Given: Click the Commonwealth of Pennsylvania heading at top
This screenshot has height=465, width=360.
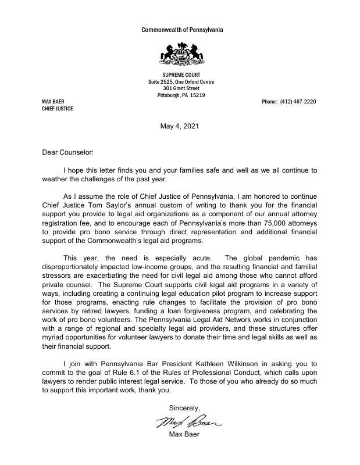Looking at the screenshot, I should (x=182, y=30).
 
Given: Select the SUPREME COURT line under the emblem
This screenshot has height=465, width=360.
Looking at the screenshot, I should (x=181, y=74).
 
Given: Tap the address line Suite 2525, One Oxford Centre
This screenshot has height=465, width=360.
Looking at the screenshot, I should (x=181, y=81).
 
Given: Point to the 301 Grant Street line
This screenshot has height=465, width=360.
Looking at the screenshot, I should (x=181, y=88).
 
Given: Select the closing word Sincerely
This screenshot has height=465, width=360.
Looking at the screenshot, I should (x=184, y=408).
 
